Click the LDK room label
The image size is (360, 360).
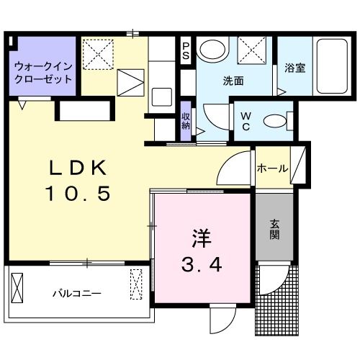[77, 168]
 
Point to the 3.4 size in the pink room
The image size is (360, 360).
[201, 264]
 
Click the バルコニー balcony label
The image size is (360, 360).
[76, 294]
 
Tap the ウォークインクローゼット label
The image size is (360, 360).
[43, 72]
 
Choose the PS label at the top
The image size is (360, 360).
[186, 50]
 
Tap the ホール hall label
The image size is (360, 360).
[273, 168]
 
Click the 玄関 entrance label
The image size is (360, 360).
[275, 229]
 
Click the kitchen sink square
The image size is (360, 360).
[161, 97]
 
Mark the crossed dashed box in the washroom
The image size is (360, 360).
[253, 51]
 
